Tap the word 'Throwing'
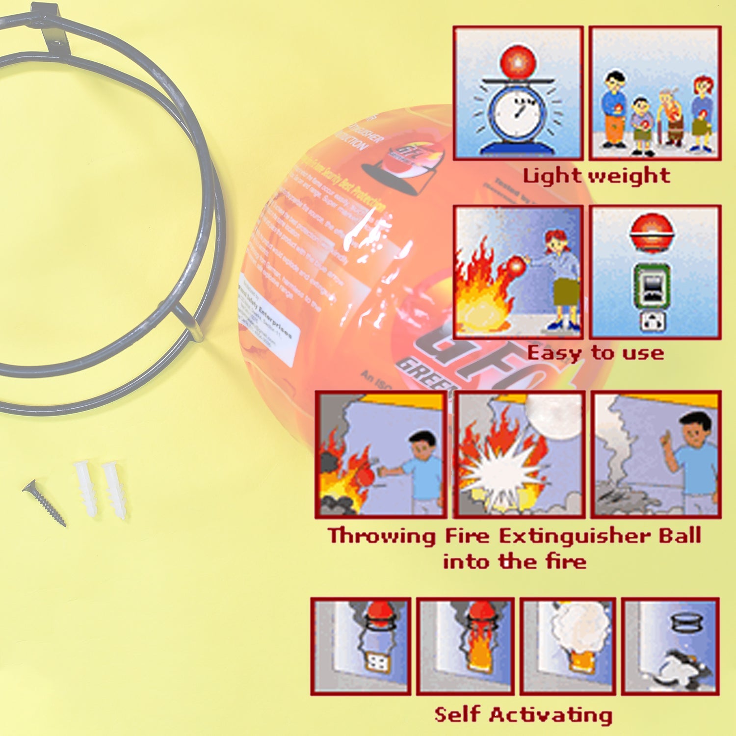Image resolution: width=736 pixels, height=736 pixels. click(382, 535)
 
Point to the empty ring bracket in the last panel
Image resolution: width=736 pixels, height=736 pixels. click(686, 623)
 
